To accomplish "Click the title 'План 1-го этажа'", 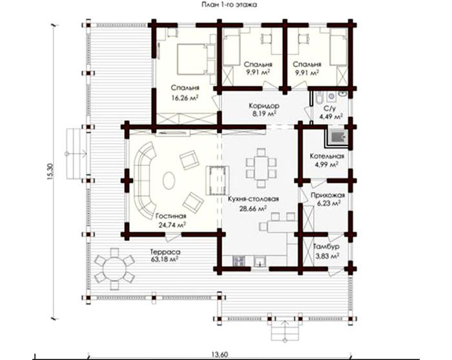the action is (x=229, y=5).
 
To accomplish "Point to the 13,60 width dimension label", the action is (x=221, y=355).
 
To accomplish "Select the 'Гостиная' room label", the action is (x=171, y=216).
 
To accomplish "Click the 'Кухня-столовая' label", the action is (x=253, y=199).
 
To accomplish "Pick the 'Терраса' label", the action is (x=165, y=251).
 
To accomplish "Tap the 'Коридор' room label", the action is (x=264, y=105).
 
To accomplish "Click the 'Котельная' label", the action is (x=327, y=156).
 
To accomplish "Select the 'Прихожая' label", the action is (x=328, y=195).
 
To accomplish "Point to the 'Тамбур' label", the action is (x=326, y=247).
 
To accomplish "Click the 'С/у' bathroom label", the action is (x=330, y=109).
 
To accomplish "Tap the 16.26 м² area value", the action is (x=185, y=98).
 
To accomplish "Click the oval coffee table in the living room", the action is (x=169, y=180).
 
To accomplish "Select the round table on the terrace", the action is (x=115, y=269).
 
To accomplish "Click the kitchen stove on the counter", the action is (x=239, y=261).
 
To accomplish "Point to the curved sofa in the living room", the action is (x=144, y=180).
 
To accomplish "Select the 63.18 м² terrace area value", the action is (x=164, y=259).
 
